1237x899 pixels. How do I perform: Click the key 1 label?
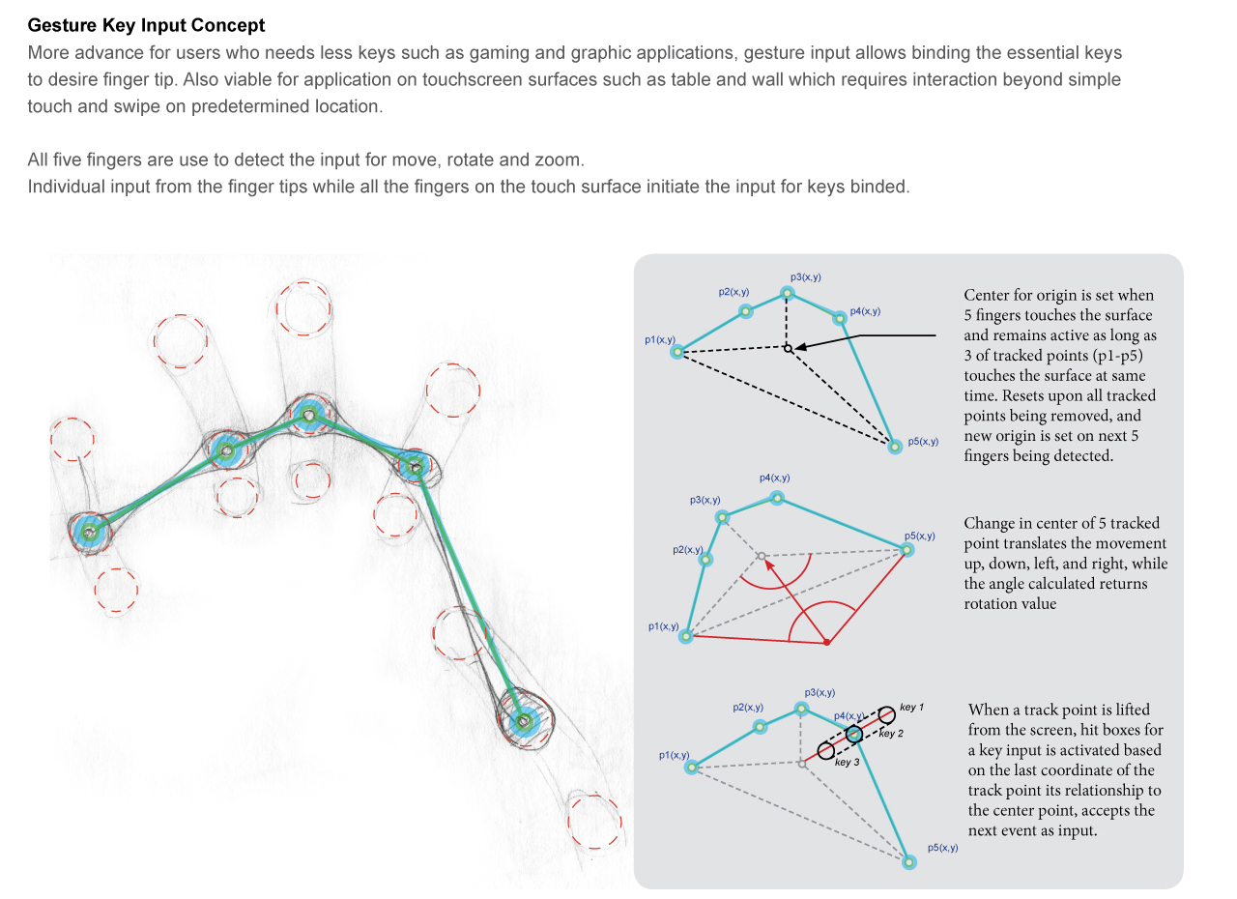click(x=912, y=708)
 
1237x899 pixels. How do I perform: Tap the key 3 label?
click(x=847, y=762)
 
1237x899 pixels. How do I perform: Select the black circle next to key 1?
click(x=886, y=717)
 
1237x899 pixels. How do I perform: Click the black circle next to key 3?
click(x=825, y=750)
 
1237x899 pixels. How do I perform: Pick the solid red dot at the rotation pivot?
click(x=826, y=642)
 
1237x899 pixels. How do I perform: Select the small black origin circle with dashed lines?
click(x=788, y=348)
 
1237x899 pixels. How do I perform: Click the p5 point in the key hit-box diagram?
click(x=908, y=861)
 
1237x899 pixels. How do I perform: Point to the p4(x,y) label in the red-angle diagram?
click(x=774, y=478)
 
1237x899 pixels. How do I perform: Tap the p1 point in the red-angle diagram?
click(x=686, y=636)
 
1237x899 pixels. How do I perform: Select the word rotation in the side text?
click(x=995, y=603)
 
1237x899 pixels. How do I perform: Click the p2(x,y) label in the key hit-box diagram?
click(x=747, y=708)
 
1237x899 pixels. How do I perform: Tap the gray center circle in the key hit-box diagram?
click(x=802, y=764)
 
